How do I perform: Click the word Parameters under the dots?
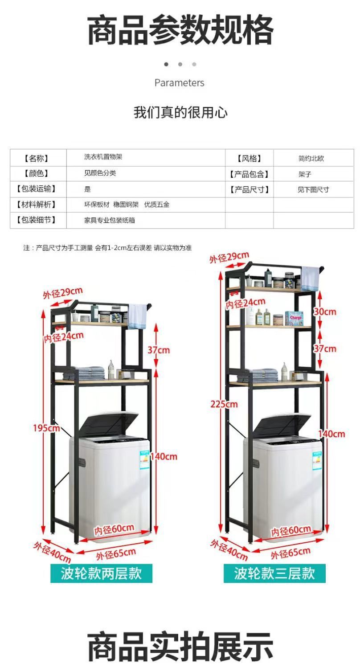click(179, 82)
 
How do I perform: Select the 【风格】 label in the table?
click(249, 158)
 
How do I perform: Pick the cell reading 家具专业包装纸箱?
click(109, 220)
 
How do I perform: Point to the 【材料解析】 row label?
click(36, 205)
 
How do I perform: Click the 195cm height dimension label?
click(46, 428)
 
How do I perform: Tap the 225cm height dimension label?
click(224, 404)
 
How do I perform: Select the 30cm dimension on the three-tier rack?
click(324, 311)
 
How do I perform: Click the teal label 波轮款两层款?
click(101, 573)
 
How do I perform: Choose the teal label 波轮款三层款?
click(274, 573)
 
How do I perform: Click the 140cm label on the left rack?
click(164, 456)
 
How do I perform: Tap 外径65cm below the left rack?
click(116, 554)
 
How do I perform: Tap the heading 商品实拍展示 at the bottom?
click(180, 646)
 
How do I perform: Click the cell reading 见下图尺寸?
click(313, 189)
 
